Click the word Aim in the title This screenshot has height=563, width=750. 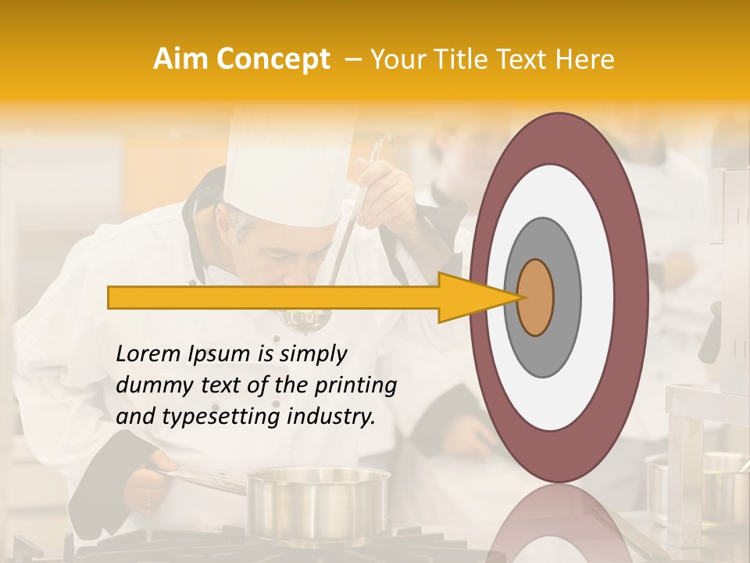point(180,59)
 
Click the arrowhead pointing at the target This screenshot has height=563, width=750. point(469,297)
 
